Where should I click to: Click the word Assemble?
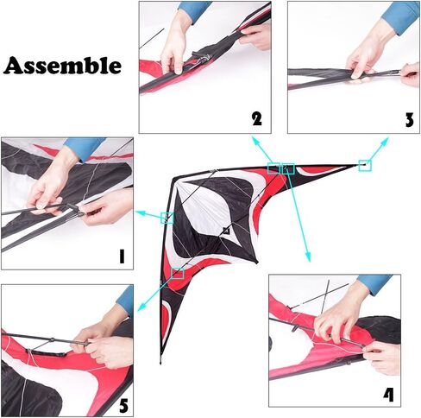[x=62, y=66]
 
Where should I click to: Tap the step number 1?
[x=122, y=256]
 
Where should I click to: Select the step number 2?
[x=257, y=118]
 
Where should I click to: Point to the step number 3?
[x=409, y=119]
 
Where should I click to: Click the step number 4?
[x=388, y=395]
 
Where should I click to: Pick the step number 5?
[x=123, y=406]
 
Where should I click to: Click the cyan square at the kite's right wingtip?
[x=365, y=165]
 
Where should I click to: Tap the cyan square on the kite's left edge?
[x=167, y=218]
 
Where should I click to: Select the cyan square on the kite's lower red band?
[x=178, y=273]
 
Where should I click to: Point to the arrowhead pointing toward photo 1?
[x=140, y=213]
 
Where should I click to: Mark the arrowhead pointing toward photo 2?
[x=254, y=139]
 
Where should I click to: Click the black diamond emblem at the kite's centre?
[x=227, y=231]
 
